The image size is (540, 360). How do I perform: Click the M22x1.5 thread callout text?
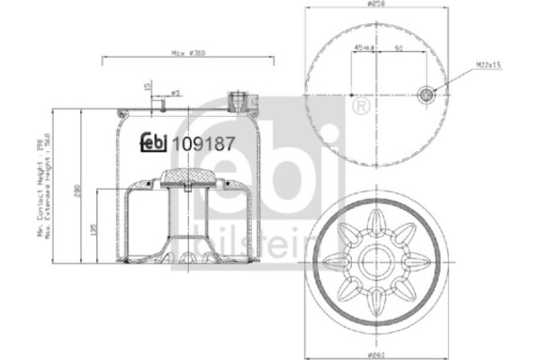point(488,65)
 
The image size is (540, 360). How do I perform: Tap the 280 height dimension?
point(79,191)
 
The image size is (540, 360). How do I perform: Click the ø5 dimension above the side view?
point(177,92)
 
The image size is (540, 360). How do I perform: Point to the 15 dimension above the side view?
point(147,86)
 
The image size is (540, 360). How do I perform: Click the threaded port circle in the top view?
point(427,91)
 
